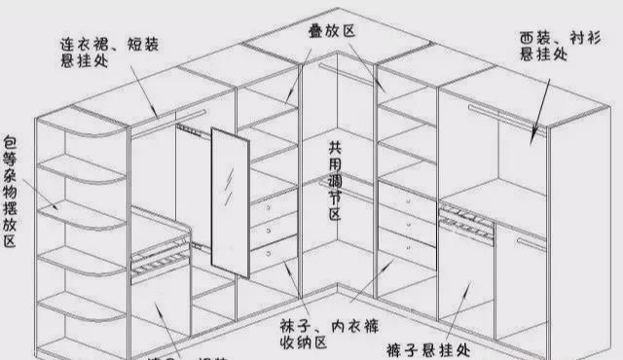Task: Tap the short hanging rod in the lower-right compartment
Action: click(531, 243)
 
